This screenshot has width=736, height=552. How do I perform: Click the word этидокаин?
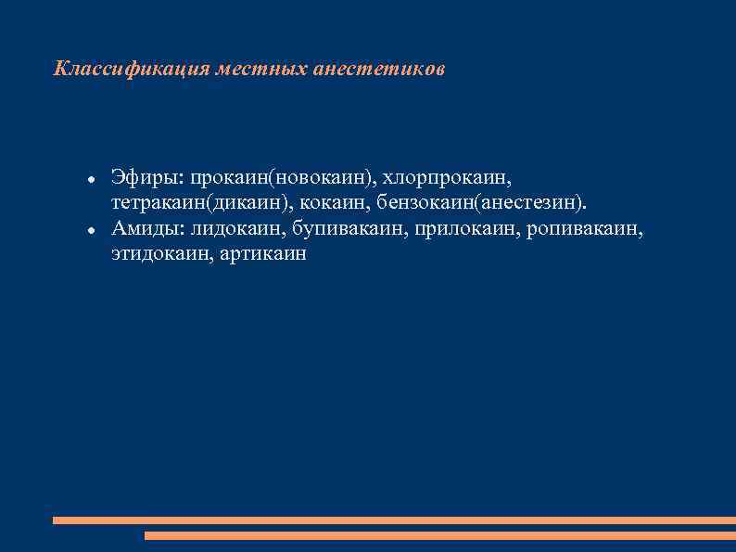click(x=159, y=253)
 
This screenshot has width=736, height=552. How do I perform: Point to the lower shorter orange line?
click(x=440, y=535)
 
